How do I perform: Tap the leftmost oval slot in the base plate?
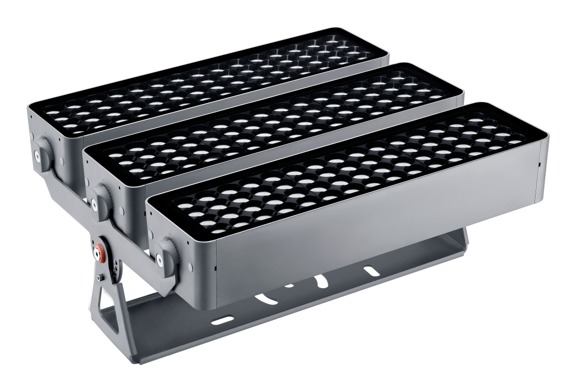222,320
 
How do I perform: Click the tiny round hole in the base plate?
290,285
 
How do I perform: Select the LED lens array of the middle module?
274,127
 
